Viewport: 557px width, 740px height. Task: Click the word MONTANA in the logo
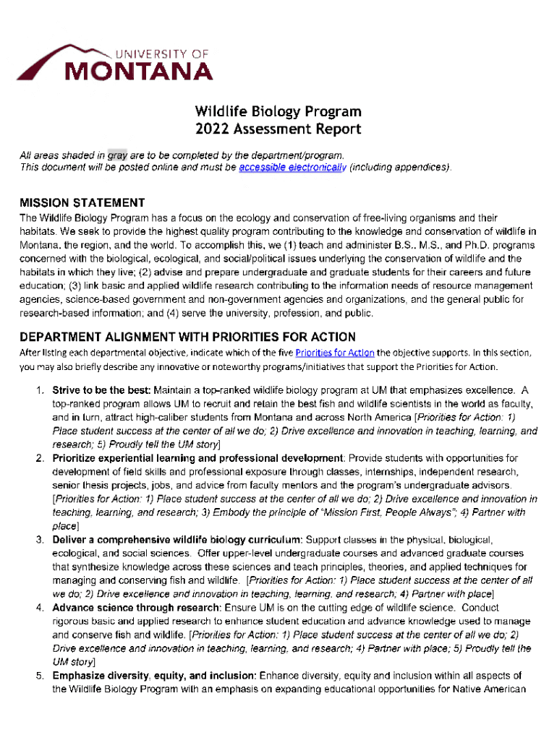140,72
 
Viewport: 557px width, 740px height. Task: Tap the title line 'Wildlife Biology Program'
278,111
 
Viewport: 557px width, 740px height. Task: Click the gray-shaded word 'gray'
116,155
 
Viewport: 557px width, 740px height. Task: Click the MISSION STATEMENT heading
82,202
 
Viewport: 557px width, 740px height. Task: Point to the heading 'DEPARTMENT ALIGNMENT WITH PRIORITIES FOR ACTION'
187,337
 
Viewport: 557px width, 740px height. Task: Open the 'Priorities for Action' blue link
335,353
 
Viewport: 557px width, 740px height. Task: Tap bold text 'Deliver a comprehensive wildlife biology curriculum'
177,540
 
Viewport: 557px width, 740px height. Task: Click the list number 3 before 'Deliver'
41,540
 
